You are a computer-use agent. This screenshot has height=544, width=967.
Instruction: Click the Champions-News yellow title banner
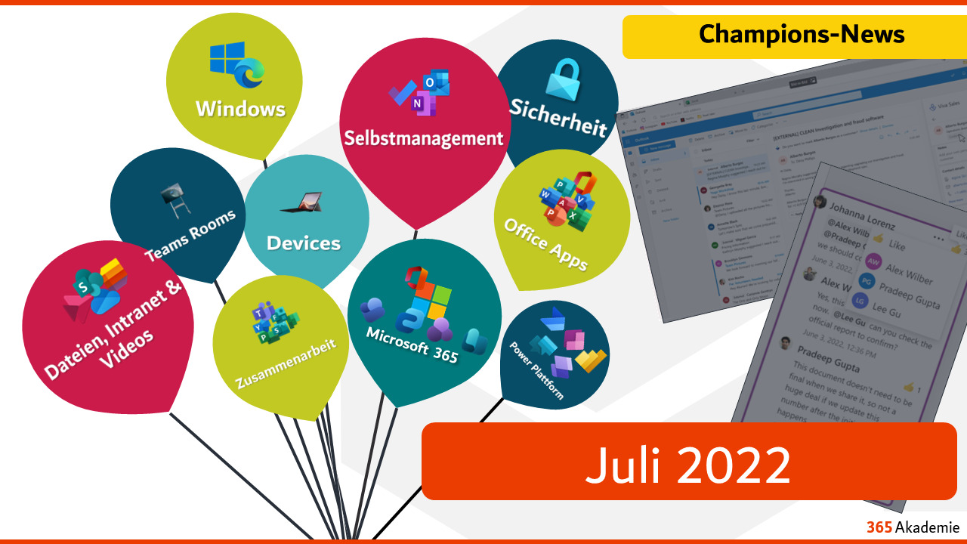(x=802, y=35)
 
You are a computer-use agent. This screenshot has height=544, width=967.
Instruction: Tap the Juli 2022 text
(x=687, y=462)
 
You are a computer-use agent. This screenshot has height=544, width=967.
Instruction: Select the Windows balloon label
(x=240, y=109)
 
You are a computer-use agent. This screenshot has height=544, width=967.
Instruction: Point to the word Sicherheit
(x=558, y=117)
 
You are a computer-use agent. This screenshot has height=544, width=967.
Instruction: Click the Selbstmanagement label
(x=423, y=138)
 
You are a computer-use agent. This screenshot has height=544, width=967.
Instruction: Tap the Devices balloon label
(x=304, y=243)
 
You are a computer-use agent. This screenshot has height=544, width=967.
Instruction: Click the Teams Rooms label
(x=190, y=236)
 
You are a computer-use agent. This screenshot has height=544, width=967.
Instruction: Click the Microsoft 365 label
(x=412, y=345)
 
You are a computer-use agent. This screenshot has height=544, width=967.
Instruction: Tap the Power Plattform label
(x=537, y=371)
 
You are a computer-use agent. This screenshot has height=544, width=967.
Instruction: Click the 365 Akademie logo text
(x=913, y=527)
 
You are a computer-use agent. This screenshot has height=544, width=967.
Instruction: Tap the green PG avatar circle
(x=867, y=281)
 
